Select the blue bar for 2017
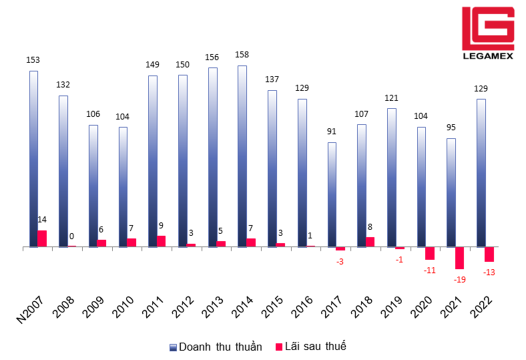pyautogui.click(x=332, y=194)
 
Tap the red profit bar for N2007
pyautogui.click(x=42, y=238)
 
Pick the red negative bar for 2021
pyautogui.click(x=459, y=258)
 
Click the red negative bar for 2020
pyautogui.click(x=430, y=253)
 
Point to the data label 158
pyautogui.click(x=242, y=54)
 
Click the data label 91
pyautogui.click(x=332, y=131)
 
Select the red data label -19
pyautogui.click(x=459, y=279)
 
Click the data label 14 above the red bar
pyautogui.click(x=42, y=219)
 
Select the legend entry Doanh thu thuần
pyautogui.click(x=215, y=346)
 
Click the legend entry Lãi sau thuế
pyautogui.click(x=310, y=346)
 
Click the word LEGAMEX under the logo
pyautogui.click(x=487, y=56)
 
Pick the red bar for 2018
pyautogui.click(x=370, y=242)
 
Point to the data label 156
pyautogui.click(x=212, y=57)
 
